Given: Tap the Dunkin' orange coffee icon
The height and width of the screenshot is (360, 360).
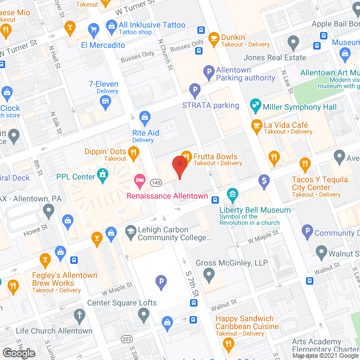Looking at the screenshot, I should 213,38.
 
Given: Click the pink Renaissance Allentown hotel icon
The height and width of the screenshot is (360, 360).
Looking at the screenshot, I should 139,181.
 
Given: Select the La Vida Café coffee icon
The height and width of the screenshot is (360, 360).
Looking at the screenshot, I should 256,125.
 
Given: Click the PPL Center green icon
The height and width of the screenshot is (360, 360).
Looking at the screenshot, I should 102,177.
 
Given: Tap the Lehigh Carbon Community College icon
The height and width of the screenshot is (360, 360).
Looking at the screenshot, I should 130,231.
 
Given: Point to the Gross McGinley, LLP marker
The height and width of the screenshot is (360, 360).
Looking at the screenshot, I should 209,276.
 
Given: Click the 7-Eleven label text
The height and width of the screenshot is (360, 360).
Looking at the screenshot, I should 103,84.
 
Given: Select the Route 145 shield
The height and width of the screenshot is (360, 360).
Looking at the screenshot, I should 157,183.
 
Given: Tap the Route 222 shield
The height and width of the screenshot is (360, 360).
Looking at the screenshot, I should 128,339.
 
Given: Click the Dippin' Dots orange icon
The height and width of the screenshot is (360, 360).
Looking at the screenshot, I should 133,151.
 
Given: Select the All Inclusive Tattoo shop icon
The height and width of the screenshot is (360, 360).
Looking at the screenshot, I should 111,26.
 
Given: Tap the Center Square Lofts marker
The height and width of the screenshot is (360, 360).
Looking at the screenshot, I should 145,316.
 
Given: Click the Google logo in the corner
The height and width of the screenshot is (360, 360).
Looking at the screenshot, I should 18,353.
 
